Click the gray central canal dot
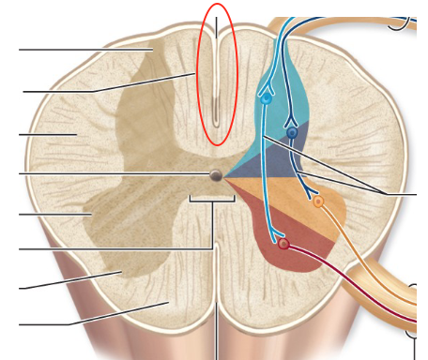(216, 174)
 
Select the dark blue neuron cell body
(292, 134)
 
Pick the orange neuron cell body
(318, 202)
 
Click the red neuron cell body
(283, 245)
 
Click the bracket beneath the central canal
(213, 200)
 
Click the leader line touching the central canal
(113, 174)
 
